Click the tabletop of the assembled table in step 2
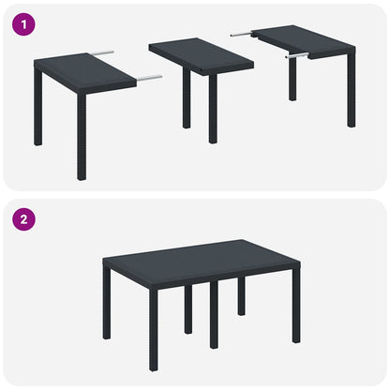pyautogui.click(x=201, y=262)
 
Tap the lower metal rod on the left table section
pyautogui.click(x=149, y=78)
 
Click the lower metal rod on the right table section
pyautogui.click(x=299, y=56)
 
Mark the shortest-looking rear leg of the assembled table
pyautogui.click(x=241, y=295)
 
